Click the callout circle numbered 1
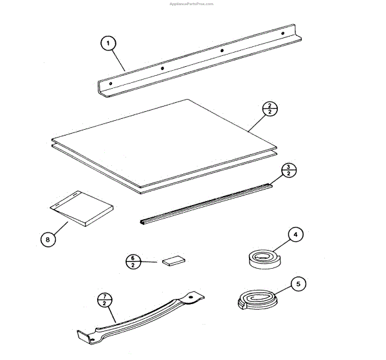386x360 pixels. [x=109, y=44]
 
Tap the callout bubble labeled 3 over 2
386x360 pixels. [x=289, y=170]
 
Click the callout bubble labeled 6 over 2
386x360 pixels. [x=133, y=262]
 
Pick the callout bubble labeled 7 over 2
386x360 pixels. [x=104, y=300]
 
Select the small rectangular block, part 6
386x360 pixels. [x=174, y=260]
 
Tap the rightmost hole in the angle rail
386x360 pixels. [x=282, y=32]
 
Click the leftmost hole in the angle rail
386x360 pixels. [x=111, y=84]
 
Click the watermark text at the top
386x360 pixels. [x=190, y=3]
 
